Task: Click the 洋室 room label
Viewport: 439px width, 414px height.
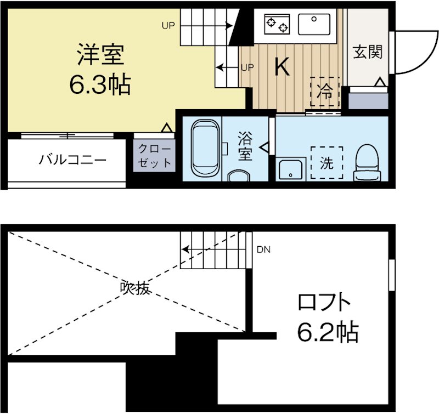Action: click(x=100, y=55)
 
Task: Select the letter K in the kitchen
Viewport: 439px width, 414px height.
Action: click(x=282, y=67)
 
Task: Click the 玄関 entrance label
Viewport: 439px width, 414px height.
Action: click(x=367, y=53)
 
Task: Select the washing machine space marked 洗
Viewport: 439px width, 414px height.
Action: click(x=327, y=163)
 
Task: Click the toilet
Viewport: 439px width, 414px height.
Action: click(x=367, y=162)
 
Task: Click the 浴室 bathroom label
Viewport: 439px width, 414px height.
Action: click(x=245, y=146)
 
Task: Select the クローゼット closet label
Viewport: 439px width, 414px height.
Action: click(x=154, y=156)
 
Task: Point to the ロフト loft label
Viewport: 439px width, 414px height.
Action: click(x=324, y=303)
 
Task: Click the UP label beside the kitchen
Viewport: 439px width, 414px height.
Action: click(x=247, y=67)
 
